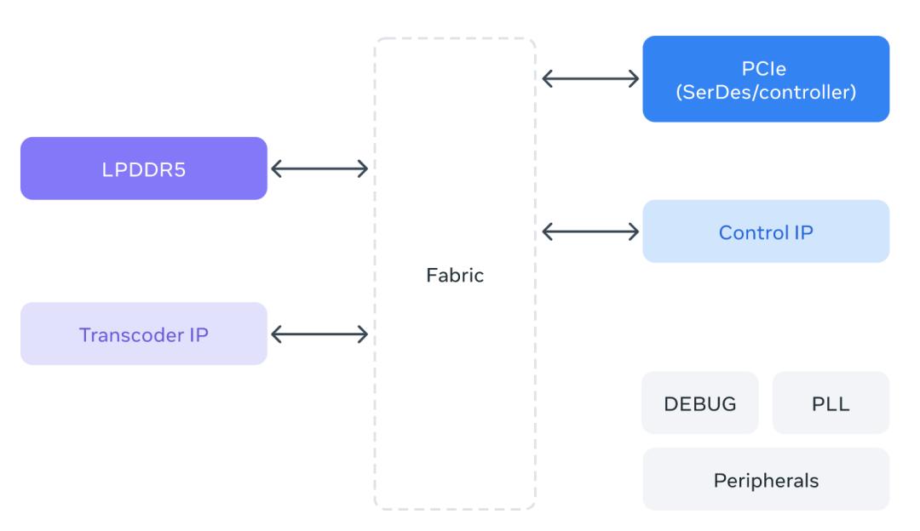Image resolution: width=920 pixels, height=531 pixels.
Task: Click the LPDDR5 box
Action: pyautogui.click(x=144, y=168)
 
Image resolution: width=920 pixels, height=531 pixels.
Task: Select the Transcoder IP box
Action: pyautogui.click(x=144, y=334)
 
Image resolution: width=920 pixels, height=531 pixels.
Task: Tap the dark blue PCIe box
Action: pyautogui.click(x=766, y=79)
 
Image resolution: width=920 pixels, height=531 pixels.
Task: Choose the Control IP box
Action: pyautogui.click(x=766, y=231)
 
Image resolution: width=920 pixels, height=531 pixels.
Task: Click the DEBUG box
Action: pyautogui.click(x=700, y=403)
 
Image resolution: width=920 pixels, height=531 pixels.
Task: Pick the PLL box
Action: pyautogui.click(x=831, y=403)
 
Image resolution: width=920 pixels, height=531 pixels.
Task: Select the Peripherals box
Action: pyautogui.click(x=766, y=479)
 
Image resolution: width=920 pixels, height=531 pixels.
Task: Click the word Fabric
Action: pyautogui.click(x=455, y=275)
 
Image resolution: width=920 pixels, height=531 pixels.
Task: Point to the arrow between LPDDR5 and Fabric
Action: pyautogui.click(x=319, y=168)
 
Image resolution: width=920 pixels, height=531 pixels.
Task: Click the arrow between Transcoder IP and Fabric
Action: pyautogui.click(x=319, y=334)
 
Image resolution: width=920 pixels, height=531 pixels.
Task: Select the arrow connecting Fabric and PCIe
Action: pyautogui.click(x=590, y=78)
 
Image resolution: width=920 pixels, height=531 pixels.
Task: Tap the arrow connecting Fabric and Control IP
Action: pyautogui.click(x=590, y=231)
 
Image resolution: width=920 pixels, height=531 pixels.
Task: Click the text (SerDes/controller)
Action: pyautogui.click(x=766, y=92)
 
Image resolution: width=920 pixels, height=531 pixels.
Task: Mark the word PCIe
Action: pyautogui.click(x=764, y=69)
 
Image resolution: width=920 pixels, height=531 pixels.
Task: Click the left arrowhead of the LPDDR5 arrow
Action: pyautogui.click(x=276, y=168)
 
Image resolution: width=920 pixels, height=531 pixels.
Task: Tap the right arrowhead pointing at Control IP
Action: pyautogui.click(x=634, y=231)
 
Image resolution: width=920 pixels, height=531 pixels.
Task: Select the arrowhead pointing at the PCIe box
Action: pyautogui.click(x=634, y=78)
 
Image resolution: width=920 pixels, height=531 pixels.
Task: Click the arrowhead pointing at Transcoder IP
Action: pyautogui.click(x=276, y=334)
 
